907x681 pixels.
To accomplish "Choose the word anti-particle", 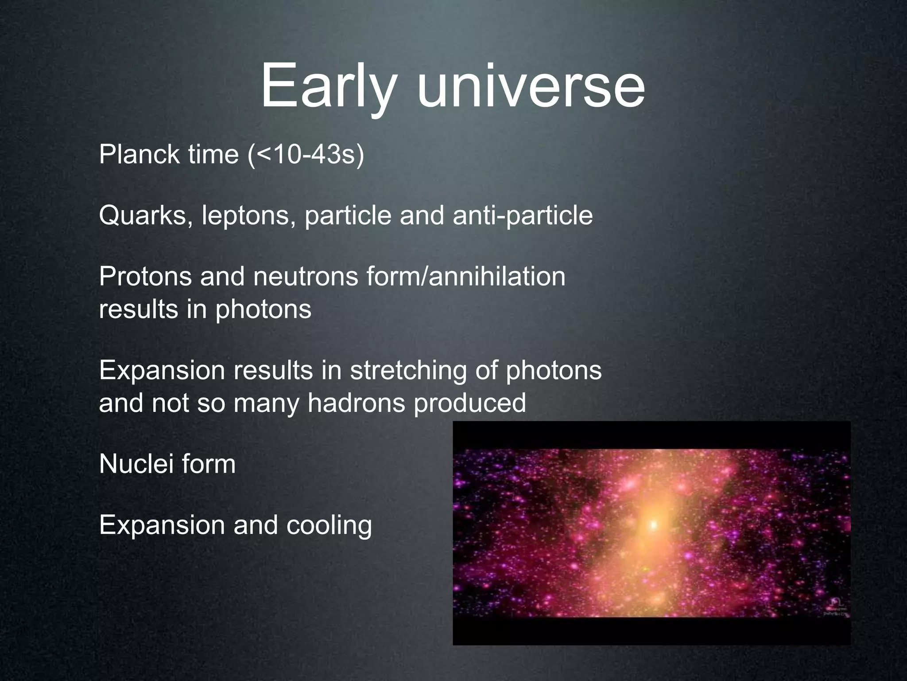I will (x=523, y=215).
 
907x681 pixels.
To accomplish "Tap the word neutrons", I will (x=305, y=276).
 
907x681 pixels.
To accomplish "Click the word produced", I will (x=470, y=403).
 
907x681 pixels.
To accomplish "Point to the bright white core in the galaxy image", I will (x=653, y=525).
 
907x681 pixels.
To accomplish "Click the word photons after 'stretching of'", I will (x=554, y=370).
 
